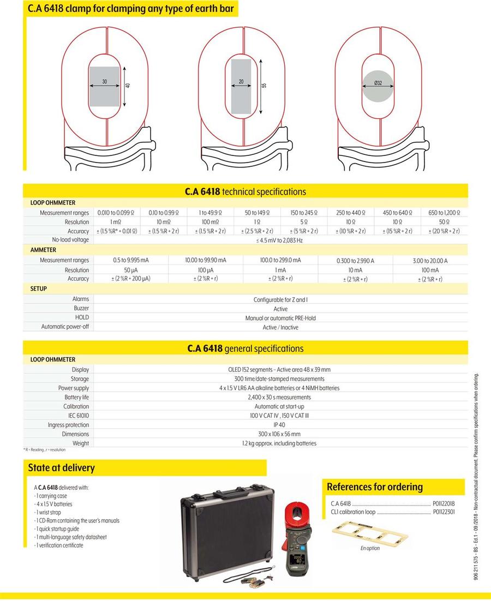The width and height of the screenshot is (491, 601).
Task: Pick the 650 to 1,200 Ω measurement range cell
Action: [445, 213]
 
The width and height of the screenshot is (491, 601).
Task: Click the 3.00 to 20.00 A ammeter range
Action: [430, 261]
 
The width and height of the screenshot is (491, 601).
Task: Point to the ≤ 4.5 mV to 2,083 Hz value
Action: [281, 240]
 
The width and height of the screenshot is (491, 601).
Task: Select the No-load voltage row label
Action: [70, 239]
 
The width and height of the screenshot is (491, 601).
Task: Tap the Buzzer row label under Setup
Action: [81, 308]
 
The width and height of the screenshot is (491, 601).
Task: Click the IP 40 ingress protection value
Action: [280, 425]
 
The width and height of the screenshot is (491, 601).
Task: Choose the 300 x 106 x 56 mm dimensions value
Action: [280, 434]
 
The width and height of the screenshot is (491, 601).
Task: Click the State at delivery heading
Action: [62, 467]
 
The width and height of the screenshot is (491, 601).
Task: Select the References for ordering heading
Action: [375, 486]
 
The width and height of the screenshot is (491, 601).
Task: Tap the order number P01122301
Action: [444, 512]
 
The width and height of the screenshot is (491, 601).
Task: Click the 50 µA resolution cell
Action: [131, 270]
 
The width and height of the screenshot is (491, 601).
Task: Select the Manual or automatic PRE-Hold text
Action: [280, 318]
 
